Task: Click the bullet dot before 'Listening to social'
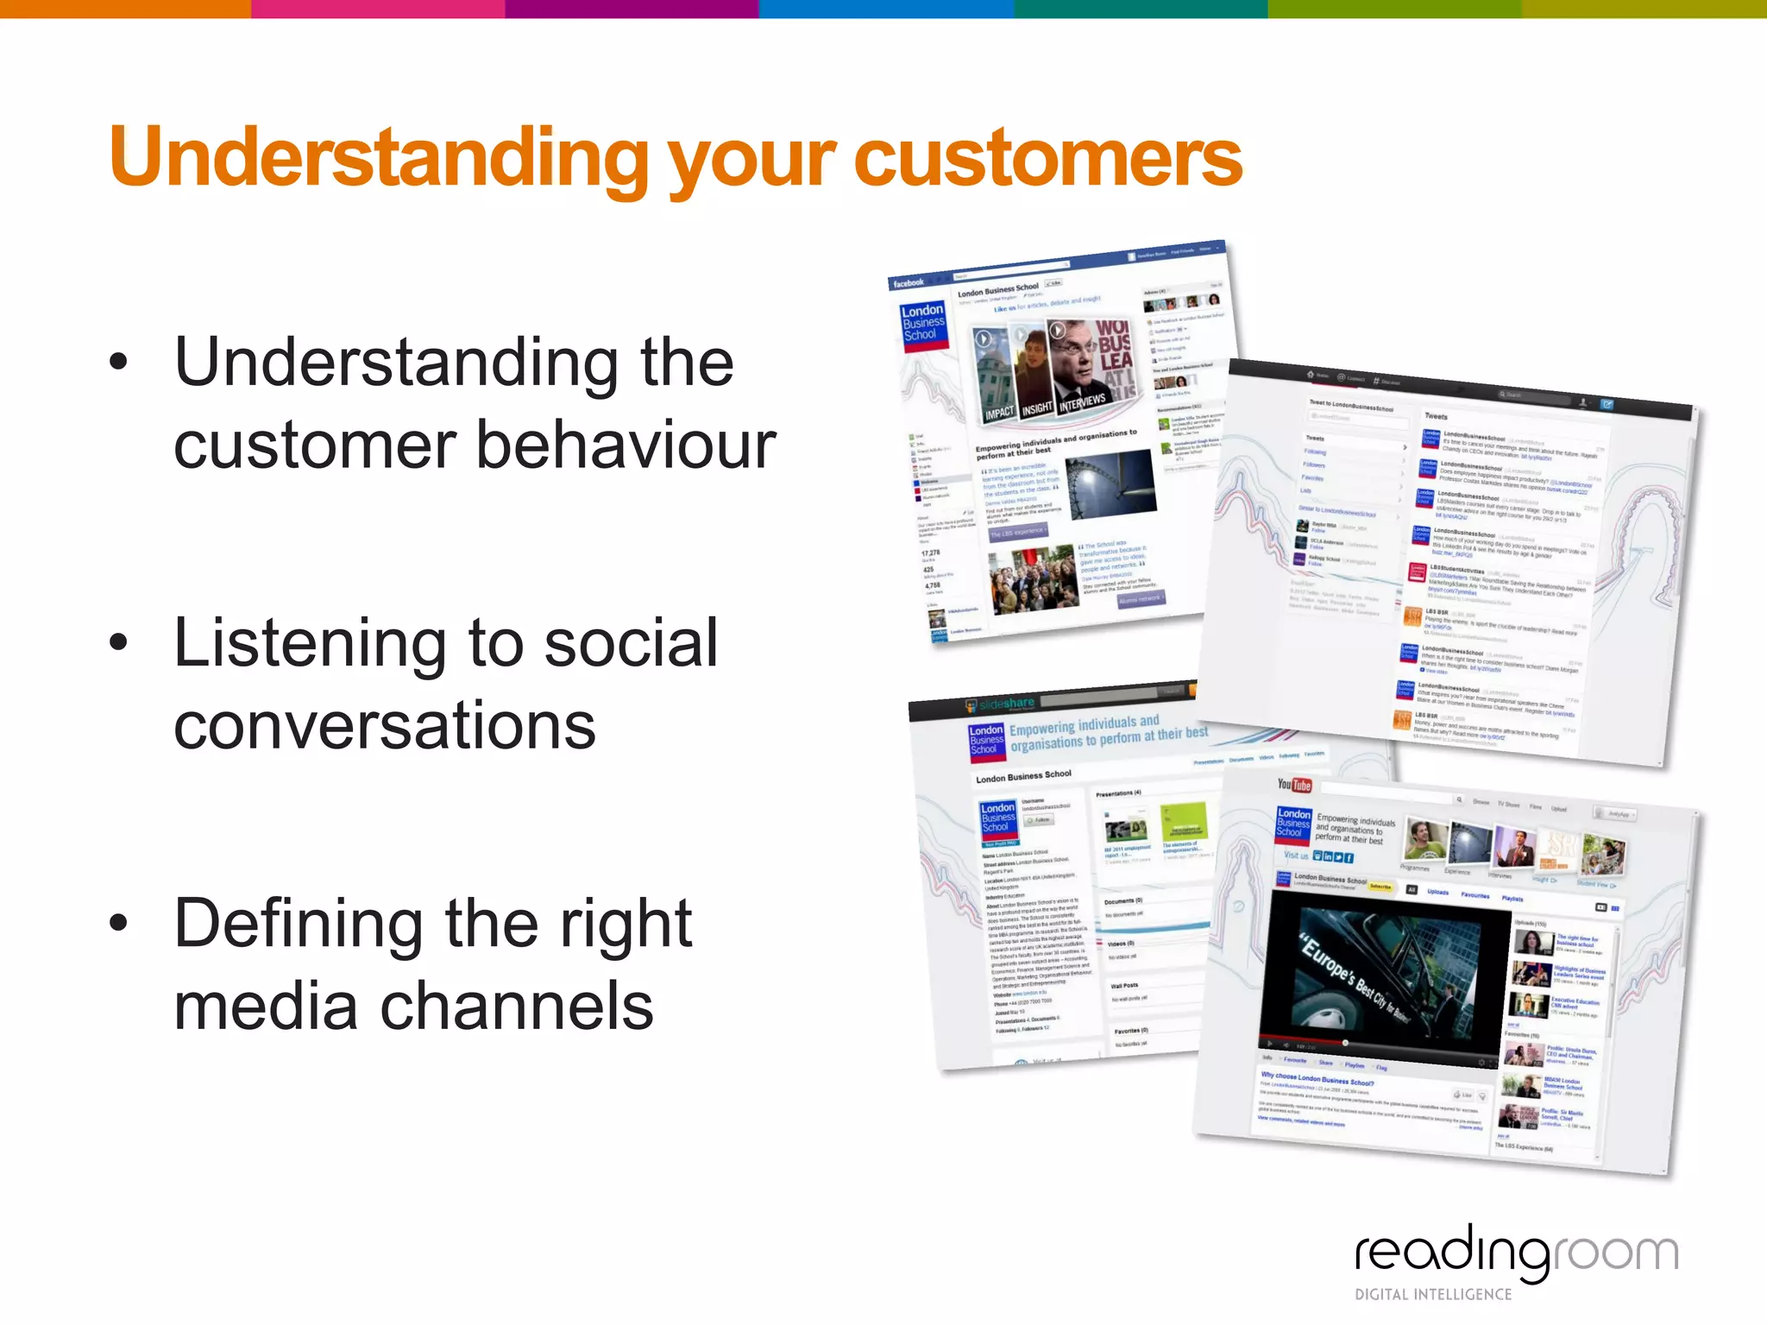tap(119, 642)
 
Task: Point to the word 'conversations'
tap(385, 725)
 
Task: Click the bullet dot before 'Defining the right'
tap(119, 922)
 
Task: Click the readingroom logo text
tap(1516, 1252)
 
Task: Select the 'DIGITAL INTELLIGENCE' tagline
tap(1433, 1294)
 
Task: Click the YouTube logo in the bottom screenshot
tap(1294, 785)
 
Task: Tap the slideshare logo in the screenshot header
tap(1001, 705)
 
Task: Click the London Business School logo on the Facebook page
tap(922, 323)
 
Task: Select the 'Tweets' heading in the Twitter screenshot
tap(1437, 416)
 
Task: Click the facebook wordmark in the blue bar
tap(909, 282)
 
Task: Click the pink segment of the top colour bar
tap(378, 9)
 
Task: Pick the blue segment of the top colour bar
tap(885, 9)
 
